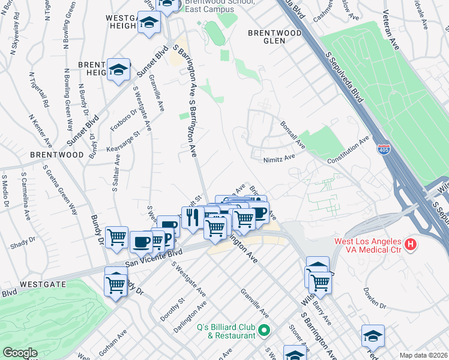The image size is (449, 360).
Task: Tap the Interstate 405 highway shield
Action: (x=382, y=148)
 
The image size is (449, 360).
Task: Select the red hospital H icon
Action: (x=411, y=244)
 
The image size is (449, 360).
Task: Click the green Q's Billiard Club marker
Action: (x=262, y=330)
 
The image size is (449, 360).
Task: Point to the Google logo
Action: (x=20, y=353)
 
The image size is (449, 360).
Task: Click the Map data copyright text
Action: (x=423, y=355)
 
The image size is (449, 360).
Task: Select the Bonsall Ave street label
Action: (x=292, y=135)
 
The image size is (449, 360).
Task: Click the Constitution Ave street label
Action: (x=348, y=151)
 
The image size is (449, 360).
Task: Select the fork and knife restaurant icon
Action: (x=192, y=217)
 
